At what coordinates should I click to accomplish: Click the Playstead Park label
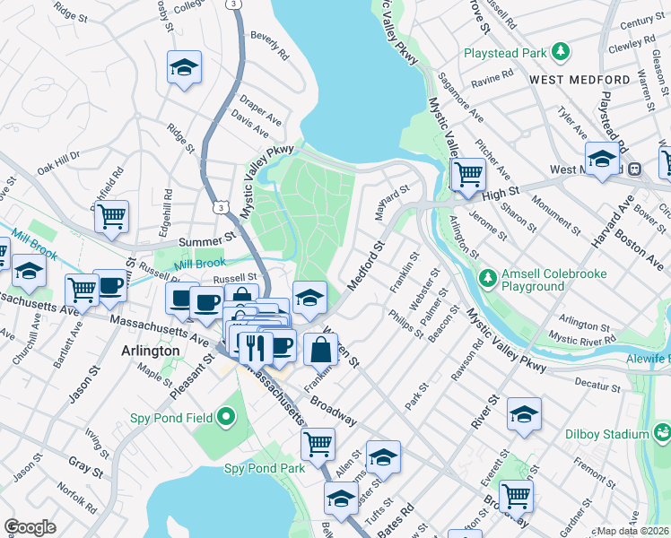[505, 53]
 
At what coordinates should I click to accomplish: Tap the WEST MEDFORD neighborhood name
[579, 80]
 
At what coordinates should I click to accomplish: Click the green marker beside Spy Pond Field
[225, 417]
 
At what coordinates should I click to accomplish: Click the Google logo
[30, 527]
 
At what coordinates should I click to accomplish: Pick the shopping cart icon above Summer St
[111, 215]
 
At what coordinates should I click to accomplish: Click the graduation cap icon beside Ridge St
[184, 66]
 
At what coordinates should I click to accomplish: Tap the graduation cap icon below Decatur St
[524, 413]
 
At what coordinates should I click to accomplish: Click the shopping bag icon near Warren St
[320, 349]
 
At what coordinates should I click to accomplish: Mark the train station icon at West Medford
[634, 169]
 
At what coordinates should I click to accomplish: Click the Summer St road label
[206, 241]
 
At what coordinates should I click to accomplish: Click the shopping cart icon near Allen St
[318, 442]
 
